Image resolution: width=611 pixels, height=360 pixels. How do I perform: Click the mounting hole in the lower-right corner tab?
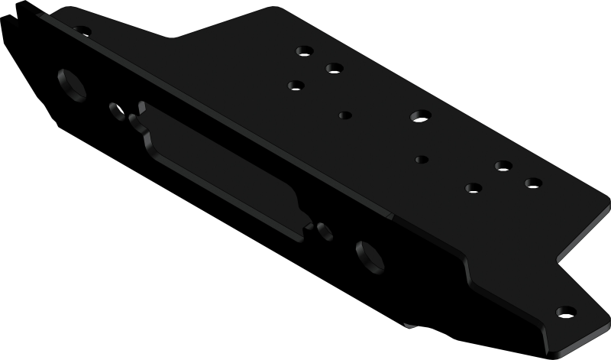pyautogui.click(x=564, y=312)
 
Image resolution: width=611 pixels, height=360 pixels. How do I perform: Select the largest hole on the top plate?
pyautogui.click(x=417, y=116)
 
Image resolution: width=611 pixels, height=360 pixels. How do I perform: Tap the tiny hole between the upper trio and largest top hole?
pyautogui.click(x=344, y=115)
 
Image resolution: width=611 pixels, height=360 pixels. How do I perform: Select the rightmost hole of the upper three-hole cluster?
pyautogui.click(x=333, y=67)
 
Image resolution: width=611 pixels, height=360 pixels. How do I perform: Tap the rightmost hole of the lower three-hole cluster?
pyautogui.click(x=532, y=183)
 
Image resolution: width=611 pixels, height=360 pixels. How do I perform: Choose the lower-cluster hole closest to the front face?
pyautogui.click(x=472, y=186)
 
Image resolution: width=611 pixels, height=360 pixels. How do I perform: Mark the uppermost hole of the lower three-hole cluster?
pyautogui.click(x=502, y=166)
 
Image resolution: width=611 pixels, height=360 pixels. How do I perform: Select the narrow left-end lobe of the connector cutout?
pyautogui.click(x=136, y=118)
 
